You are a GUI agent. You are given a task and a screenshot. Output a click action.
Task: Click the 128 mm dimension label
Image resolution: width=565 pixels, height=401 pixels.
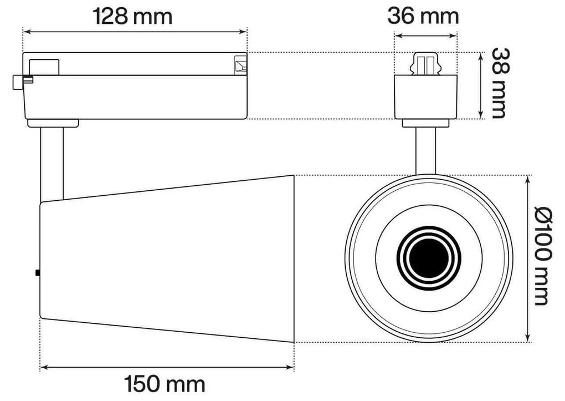(132, 16)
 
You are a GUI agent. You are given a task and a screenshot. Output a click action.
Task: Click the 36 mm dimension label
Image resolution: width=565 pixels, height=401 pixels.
(423, 16)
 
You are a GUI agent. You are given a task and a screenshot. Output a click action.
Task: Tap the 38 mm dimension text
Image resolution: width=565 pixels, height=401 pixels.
(499, 83)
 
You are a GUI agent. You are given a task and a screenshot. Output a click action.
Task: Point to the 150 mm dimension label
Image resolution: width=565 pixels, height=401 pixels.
(165, 383)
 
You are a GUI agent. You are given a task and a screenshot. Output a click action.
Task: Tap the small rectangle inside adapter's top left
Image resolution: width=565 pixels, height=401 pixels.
(44, 66)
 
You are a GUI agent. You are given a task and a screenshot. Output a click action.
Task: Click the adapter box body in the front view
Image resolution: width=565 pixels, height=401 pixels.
(426, 98)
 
